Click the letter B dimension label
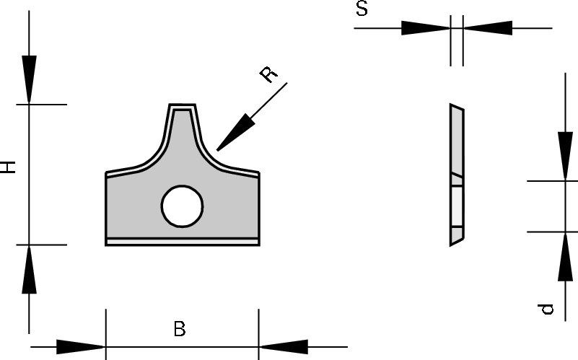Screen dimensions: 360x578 tap(180, 329)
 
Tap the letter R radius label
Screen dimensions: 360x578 tap(268, 74)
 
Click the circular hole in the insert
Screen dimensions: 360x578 tap(182, 206)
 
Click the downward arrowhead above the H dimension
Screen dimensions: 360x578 tap(29, 79)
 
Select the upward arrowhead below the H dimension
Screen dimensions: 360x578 tap(29, 269)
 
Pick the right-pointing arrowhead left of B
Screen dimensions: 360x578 tap(79, 347)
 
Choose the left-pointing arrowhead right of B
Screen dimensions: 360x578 tap(285, 347)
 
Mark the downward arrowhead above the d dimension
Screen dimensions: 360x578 tap(564, 155)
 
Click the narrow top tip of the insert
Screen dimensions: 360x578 tap(182, 107)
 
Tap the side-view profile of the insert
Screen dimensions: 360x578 tap(455, 173)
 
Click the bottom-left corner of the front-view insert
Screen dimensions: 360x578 tap(107, 245)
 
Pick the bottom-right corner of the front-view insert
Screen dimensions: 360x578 tap(258, 245)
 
